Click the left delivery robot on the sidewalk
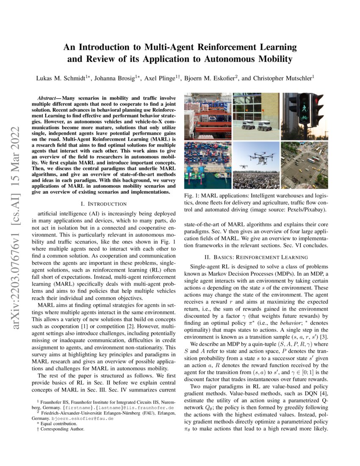click(248, 125)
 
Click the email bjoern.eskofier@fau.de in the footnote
click(83, 418)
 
